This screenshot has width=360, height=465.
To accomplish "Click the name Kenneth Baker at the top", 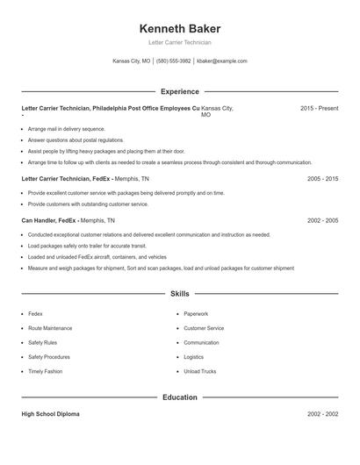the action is (x=179, y=28).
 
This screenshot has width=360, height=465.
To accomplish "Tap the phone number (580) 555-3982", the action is (x=174, y=61).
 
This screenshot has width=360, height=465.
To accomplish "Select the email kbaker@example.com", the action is (x=222, y=61).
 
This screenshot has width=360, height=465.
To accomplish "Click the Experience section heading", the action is (x=179, y=91).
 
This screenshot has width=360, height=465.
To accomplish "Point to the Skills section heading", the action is (x=179, y=294).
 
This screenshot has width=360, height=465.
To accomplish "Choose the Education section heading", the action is (x=179, y=397).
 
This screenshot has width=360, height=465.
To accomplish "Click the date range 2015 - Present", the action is (x=319, y=108).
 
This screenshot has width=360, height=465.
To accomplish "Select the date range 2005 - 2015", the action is (x=322, y=178).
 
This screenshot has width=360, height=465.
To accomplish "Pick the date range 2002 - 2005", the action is (x=322, y=221).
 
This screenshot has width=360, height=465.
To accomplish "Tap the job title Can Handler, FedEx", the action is (x=49, y=221).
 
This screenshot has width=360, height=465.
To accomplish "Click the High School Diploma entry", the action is (x=50, y=414).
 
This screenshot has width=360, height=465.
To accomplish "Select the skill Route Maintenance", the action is (x=50, y=328).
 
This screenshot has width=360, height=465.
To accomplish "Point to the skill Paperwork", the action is (x=196, y=313).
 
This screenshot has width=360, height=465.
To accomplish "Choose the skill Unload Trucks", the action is (x=199, y=371).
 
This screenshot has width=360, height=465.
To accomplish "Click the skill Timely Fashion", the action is (x=45, y=371).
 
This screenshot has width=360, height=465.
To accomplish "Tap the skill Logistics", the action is (x=193, y=357).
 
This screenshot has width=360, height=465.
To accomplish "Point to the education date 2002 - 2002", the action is (x=322, y=414).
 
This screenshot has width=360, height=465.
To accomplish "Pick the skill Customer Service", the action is (x=204, y=328).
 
